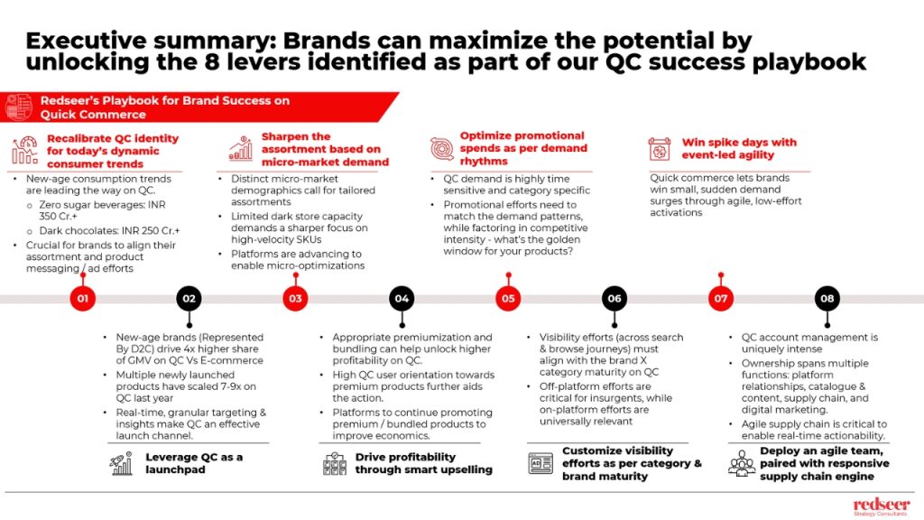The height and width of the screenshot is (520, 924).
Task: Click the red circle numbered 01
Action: click(82, 298)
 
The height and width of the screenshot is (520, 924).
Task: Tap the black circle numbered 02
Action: click(189, 298)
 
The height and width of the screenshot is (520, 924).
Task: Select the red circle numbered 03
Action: click(295, 298)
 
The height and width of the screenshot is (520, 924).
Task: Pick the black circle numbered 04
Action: click(402, 298)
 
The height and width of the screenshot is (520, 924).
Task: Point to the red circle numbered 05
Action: click(508, 298)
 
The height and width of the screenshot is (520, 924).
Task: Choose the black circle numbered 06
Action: click(614, 298)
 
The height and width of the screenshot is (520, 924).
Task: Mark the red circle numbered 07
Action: click(721, 298)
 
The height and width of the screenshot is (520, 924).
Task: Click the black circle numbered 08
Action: click(827, 298)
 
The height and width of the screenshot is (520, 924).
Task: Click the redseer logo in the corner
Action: click(882, 506)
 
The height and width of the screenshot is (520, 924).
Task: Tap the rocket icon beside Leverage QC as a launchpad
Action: click(122, 463)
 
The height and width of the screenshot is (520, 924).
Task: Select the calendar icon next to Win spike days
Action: click(660, 149)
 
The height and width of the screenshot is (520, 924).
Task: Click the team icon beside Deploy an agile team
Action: click(742, 463)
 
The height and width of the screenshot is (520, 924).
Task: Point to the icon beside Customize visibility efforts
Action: click(541, 463)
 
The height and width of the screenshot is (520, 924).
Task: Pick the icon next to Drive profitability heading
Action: click(335, 463)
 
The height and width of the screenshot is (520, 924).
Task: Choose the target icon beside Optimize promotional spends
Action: click(442, 149)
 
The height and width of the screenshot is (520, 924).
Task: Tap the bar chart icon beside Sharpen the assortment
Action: click(240, 149)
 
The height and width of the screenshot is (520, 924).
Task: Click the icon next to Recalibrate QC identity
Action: click(24, 151)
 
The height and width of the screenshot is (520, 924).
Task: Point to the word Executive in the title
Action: click(86, 41)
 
